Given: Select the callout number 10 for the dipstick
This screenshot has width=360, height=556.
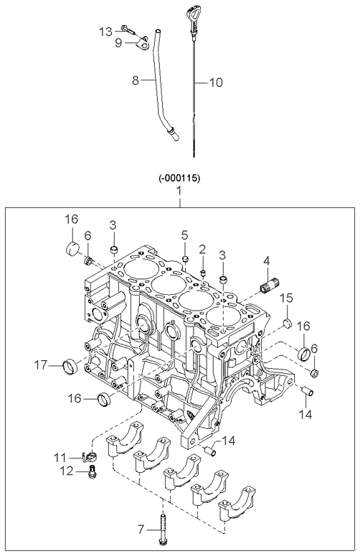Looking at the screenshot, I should coord(216,83).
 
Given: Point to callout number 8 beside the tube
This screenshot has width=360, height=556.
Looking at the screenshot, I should coord(135,83).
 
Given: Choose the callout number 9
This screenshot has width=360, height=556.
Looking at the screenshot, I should coord(119,43).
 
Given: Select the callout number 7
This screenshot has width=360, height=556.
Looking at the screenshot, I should coord(141,530).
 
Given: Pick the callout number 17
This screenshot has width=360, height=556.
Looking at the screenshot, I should coord(41,365).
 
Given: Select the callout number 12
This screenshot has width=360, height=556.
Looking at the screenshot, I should coord(68,471).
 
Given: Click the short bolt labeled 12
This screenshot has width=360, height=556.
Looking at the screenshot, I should coord(91,471).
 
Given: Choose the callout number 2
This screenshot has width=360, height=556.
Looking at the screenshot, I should coord(202,249).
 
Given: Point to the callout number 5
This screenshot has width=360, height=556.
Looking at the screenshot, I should coord(184,235).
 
